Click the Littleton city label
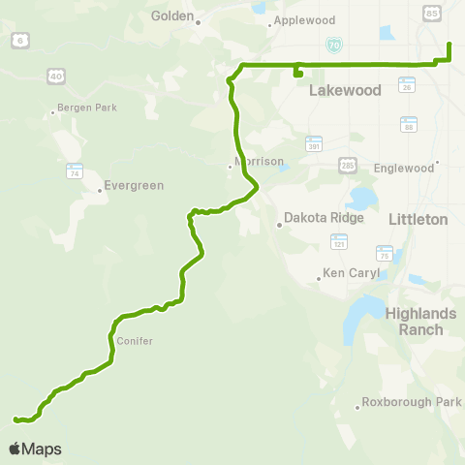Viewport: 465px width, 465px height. click(x=418, y=219)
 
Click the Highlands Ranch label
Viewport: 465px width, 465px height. click(x=414, y=322)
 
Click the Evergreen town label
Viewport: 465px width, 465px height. click(x=136, y=185)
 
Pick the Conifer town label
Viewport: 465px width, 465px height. click(x=135, y=341)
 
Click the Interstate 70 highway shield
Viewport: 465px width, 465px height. click(x=334, y=44)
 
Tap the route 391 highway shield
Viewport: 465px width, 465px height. click(x=313, y=142)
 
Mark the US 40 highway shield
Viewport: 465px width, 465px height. click(x=56, y=75)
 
